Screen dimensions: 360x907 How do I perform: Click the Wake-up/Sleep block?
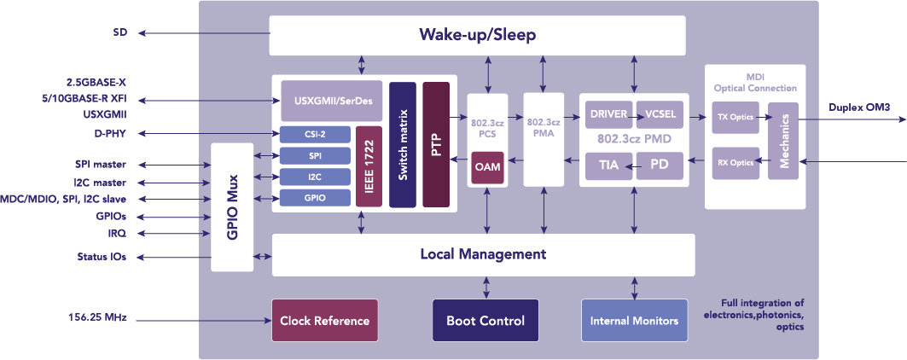[x=477, y=36]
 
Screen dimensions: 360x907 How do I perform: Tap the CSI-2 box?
[x=315, y=134]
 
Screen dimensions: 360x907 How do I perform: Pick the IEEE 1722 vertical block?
[x=369, y=166]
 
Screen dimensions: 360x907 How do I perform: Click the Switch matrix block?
[x=403, y=144]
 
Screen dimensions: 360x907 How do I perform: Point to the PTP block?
[x=435, y=144]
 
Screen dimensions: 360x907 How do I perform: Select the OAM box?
[x=487, y=167]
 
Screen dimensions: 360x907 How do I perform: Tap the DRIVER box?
[x=608, y=113]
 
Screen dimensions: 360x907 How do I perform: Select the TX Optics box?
[x=735, y=117]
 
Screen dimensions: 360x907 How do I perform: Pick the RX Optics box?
[x=735, y=162]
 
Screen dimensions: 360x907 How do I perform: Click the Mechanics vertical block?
[x=782, y=140]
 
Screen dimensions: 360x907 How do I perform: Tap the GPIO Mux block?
[x=232, y=207]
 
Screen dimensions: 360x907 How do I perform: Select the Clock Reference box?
[x=325, y=321]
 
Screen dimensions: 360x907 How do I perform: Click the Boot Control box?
[x=485, y=321]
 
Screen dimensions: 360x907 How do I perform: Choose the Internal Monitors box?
[x=634, y=321]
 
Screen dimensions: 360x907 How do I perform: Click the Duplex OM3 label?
[x=859, y=107]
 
